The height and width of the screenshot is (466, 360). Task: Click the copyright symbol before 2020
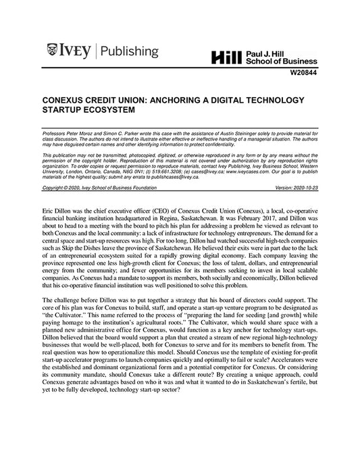67,186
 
